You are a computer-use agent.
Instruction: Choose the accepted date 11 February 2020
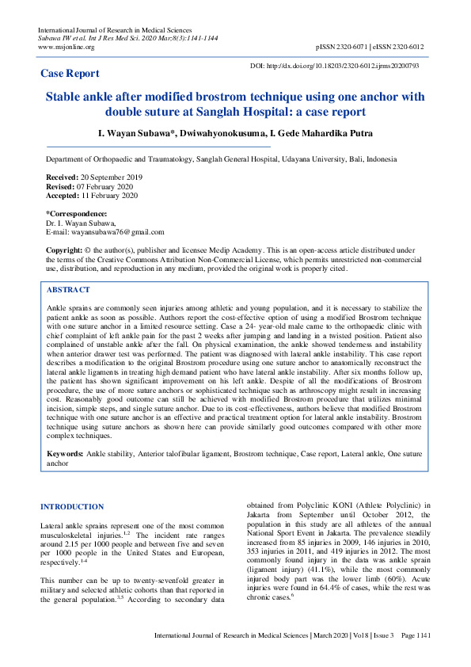[x=108, y=195]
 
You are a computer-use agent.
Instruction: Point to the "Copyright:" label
[x=64, y=250]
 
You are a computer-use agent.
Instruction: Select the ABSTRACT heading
[x=68, y=290]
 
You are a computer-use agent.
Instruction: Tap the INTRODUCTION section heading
[x=71, y=506]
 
